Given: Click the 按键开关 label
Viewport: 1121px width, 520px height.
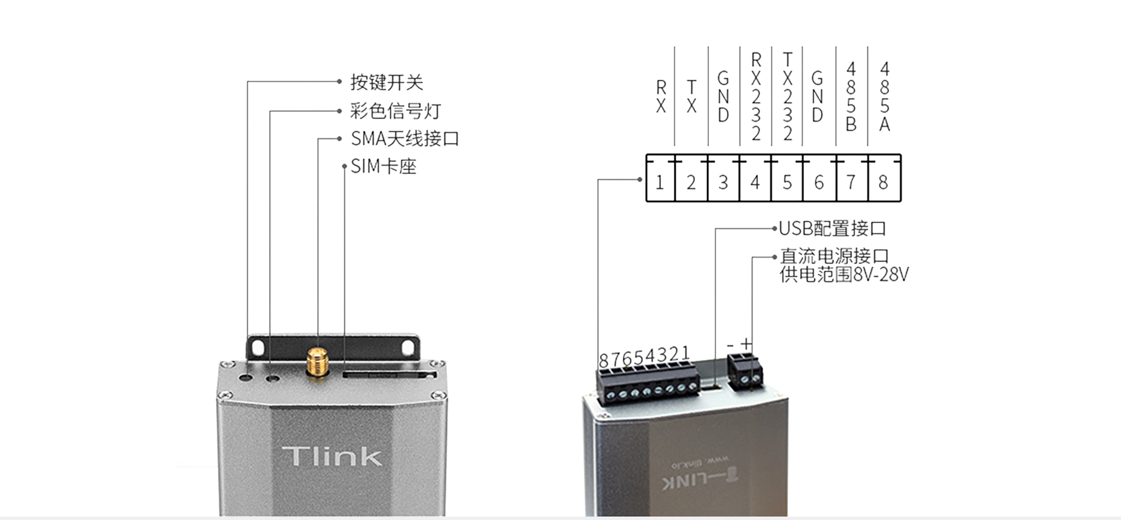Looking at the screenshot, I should point(387,82).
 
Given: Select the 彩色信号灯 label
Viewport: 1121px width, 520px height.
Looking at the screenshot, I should point(395,111).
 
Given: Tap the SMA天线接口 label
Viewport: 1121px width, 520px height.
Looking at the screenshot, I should point(405,139).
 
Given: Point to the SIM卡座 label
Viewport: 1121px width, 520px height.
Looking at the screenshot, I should point(383,167).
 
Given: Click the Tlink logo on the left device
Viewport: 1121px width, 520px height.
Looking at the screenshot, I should point(332,456).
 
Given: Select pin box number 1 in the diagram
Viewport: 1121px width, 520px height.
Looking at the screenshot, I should point(660,183).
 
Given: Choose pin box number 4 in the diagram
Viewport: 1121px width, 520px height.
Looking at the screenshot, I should point(755,183).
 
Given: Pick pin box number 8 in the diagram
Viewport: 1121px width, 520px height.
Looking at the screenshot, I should point(883,183).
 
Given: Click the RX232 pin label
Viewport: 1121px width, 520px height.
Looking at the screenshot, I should point(756,97).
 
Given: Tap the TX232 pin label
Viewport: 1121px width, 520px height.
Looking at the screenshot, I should point(788,97).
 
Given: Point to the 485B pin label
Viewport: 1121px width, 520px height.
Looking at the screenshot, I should point(851,97).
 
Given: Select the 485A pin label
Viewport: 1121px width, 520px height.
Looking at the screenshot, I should point(885,97).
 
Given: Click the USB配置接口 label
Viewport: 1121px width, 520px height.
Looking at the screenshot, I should point(833,229).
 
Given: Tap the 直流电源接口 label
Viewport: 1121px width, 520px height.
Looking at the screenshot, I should point(834,256).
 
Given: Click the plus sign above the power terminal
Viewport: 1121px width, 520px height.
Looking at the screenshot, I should point(747,344).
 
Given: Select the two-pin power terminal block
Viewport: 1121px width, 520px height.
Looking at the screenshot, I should point(744,373).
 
